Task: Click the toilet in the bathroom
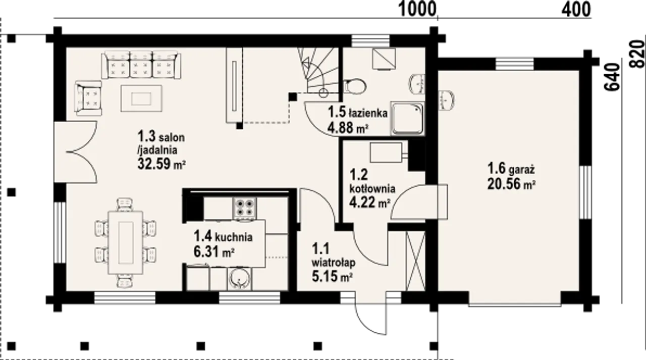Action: tap(355, 86)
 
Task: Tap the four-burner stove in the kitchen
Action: tap(245, 208)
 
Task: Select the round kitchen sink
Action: tap(239, 278)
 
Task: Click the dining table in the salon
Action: tap(126, 242)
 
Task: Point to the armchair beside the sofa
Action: tap(88, 98)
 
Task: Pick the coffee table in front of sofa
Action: tap(141, 98)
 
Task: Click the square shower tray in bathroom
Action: tap(408, 119)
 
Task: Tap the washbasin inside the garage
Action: tap(447, 100)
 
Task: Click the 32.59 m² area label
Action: tap(161, 164)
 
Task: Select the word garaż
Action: tap(522, 169)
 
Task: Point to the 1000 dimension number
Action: tap(417, 10)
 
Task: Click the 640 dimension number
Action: tap(613, 77)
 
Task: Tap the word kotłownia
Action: tap(372, 189)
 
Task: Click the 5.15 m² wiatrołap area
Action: tap(332, 276)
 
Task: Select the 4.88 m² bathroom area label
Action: tap(348, 128)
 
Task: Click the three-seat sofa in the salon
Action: tap(141, 65)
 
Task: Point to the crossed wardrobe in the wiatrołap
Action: tap(415, 261)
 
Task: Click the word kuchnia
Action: tap(234, 237)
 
